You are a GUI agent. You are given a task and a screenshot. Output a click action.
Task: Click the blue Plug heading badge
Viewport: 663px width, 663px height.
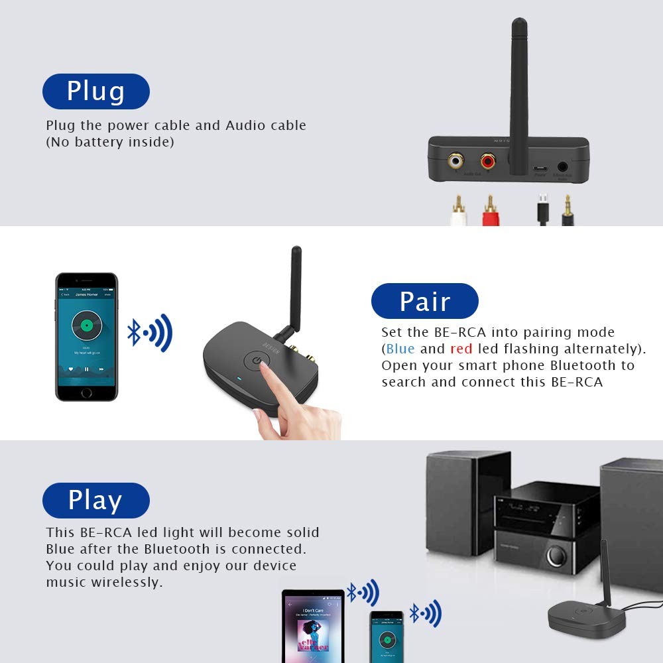[95, 91]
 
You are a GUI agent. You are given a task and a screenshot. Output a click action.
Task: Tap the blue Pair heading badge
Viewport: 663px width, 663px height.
[424, 301]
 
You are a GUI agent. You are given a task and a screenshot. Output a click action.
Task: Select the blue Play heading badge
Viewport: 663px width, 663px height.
[95, 501]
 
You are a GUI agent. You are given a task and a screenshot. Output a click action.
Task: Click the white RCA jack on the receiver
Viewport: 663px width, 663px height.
[457, 160]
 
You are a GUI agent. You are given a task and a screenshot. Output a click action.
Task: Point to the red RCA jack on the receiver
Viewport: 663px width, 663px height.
[489, 160]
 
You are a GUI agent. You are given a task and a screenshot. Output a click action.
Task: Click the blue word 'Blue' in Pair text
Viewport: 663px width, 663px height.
[400, 349]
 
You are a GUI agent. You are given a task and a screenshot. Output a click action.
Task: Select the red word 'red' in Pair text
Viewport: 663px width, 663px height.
[461, 349]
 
